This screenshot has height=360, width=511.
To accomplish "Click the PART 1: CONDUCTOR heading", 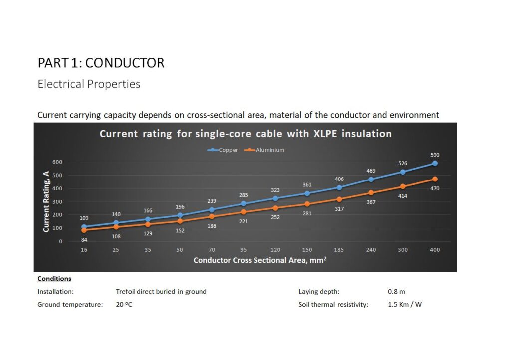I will [x=101, y=63].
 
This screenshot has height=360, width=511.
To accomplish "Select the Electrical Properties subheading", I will [x=89, y=84].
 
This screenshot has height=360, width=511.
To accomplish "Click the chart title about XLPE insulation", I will [x=246, y=134].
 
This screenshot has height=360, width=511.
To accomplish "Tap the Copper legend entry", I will [x=224, y=150].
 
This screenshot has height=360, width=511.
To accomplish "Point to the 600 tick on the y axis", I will [x=57, y=162].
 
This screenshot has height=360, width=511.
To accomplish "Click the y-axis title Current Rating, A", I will [x=46, y=201].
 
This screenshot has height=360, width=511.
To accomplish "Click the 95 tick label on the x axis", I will [x=244, y=250].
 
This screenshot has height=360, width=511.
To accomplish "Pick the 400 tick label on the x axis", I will [x=435, y=250].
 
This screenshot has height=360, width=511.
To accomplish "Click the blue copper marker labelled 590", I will [x=435, y=163].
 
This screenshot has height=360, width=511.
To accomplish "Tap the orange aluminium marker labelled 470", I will [x=435, y=179].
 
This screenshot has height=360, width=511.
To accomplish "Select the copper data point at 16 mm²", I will [x=84, y=227].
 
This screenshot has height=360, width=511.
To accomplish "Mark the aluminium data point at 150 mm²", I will [x=307, y=204].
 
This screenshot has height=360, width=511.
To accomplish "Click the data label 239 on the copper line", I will [x=212, y=201].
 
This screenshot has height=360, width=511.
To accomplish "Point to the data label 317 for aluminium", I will [x=339, y=209].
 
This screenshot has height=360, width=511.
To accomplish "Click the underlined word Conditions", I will [x=54, y=279].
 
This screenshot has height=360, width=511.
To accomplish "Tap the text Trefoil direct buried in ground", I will [x=161, y=292].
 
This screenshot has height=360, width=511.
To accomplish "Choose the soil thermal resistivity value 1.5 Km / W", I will [x=405, y=304].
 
